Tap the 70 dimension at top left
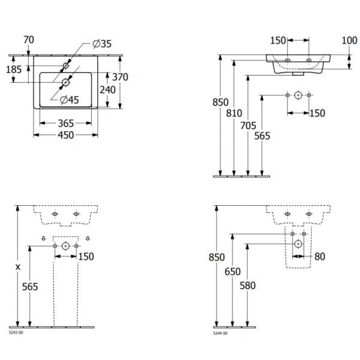(x=28, y=40)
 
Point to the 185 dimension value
(x=13, y=70)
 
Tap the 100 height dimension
(x=349, y=40)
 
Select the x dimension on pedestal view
(x=18, y=266)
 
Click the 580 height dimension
(x=247, y=286)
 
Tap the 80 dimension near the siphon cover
(x=320, y=257)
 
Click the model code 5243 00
(x=16, y=333)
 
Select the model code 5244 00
(x=220, y=333)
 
